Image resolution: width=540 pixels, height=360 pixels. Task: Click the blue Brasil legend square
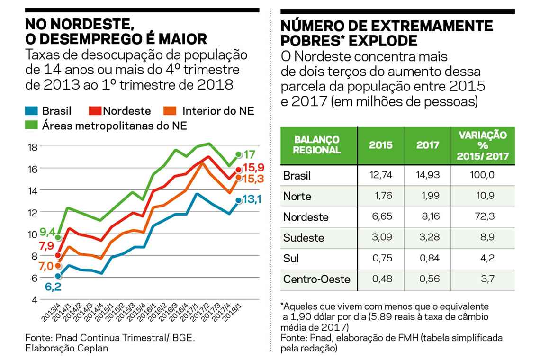[32, 111]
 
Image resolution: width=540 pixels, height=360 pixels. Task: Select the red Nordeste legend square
[95, 111]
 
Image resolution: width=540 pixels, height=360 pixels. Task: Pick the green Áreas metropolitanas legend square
[32, 126]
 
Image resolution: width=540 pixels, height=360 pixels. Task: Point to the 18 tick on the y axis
[32, 147]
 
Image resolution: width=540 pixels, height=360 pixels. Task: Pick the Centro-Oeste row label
[316, 279]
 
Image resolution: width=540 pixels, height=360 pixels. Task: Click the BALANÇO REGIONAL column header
[317, 145]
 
